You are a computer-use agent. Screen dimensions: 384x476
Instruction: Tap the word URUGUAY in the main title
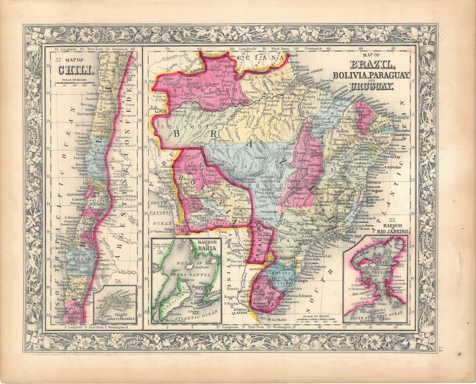(372, 87)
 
